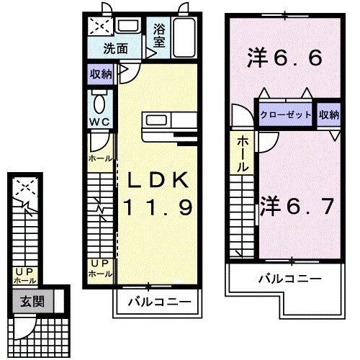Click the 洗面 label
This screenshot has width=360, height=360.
(x=115, y=50)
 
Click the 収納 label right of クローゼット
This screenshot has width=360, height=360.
(x=328, y=114)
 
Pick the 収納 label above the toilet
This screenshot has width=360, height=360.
(x=101, y=73)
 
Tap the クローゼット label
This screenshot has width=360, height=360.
(x=286, y=114)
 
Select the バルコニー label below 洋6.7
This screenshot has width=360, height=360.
(x=289, y=277)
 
